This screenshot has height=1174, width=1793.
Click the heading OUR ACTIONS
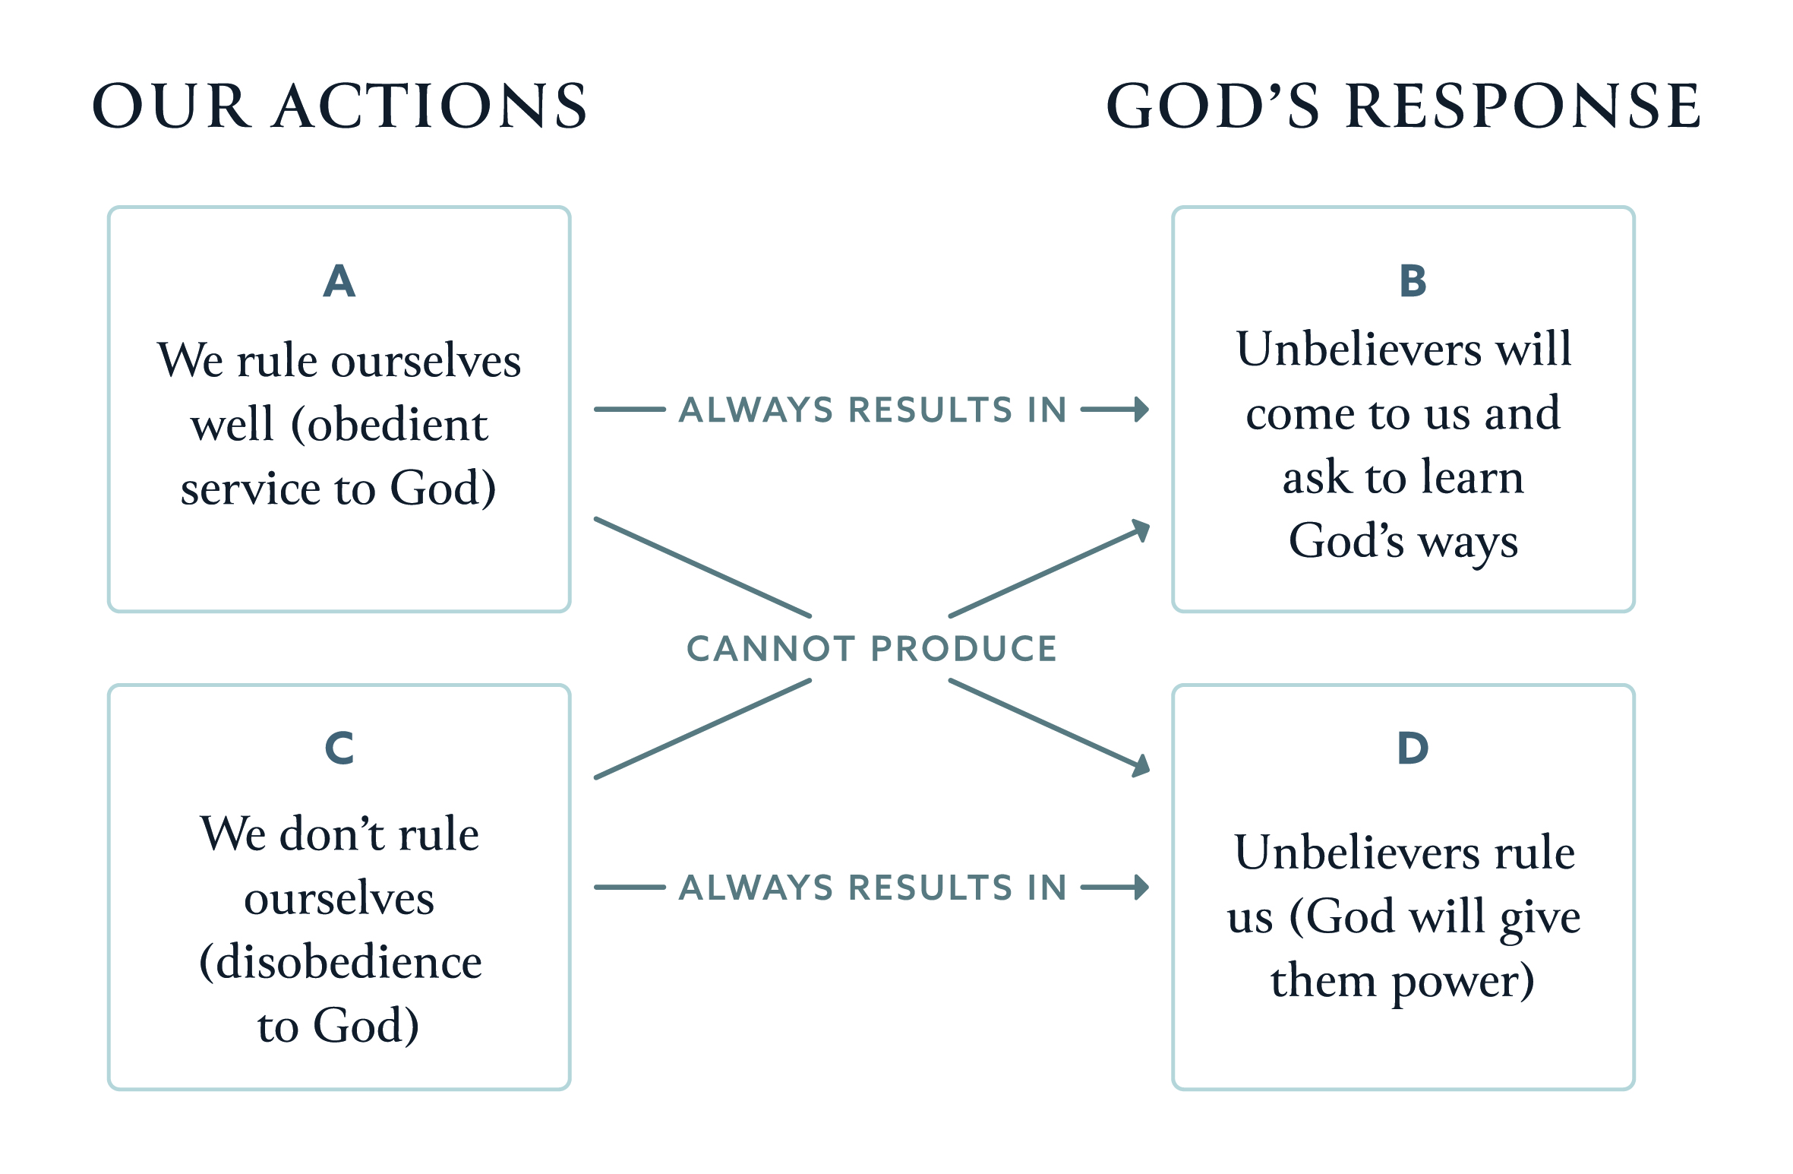point(339,106)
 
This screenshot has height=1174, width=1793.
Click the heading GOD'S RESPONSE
point(1403,106)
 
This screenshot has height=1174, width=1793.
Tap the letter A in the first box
point(339,281)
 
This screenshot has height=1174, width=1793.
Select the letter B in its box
point(1413,281)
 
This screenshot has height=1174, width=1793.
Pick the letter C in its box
point(339,748)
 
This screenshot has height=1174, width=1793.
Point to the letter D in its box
point(1413,748)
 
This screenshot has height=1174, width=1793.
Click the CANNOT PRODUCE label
point(872,649)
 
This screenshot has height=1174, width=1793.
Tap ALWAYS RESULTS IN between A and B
point(873,410)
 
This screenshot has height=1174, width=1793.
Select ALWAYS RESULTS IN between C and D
point(873,888)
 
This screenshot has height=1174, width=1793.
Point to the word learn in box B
point(1473,477)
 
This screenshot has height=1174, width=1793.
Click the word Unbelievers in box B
point(1359,350)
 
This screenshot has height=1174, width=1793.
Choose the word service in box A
point(251,489)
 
